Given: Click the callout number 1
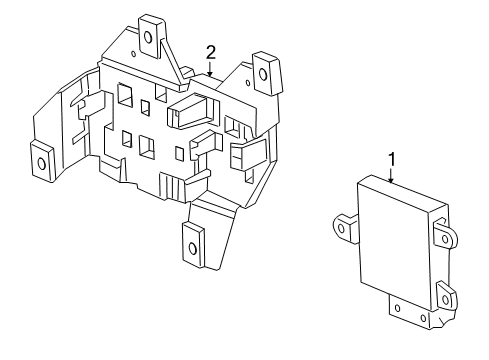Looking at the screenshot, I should tap(393, 158).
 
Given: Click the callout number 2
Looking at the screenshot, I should tap(211, 51).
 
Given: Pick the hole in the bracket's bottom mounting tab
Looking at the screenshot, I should tap(193, 240).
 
